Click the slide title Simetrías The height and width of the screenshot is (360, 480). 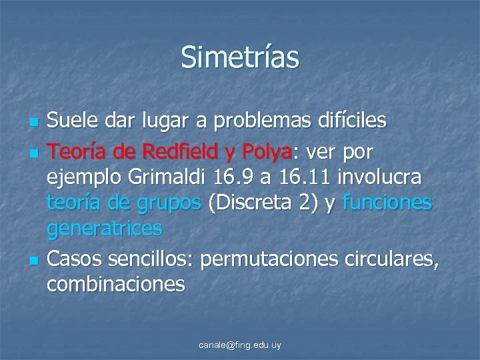tap(240, 57)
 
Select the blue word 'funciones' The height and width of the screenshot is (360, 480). tap(387, 203)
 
